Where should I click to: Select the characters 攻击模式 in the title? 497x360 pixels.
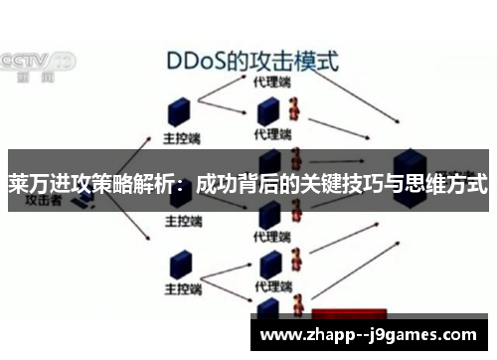click(x=298, y=61)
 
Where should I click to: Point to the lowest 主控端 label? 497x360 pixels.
click(x=183, y=290)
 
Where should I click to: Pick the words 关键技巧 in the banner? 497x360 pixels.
click(x=338, y=185)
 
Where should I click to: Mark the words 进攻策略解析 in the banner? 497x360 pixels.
click(x=114, y=185)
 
